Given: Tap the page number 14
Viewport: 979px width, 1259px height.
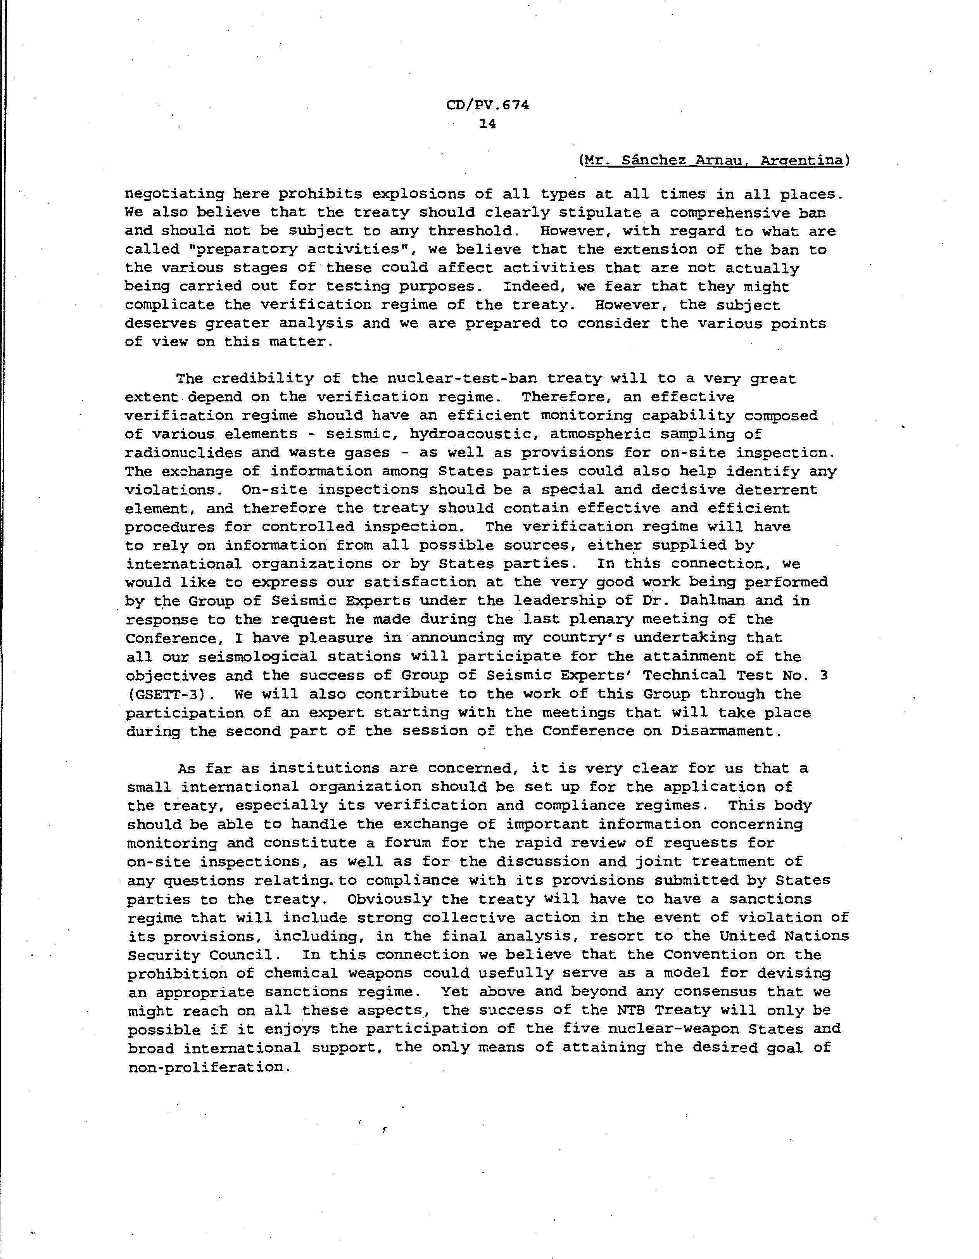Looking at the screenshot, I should (x=487, y=123).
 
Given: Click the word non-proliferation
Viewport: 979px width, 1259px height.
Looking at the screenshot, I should (x=206, y=1067).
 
